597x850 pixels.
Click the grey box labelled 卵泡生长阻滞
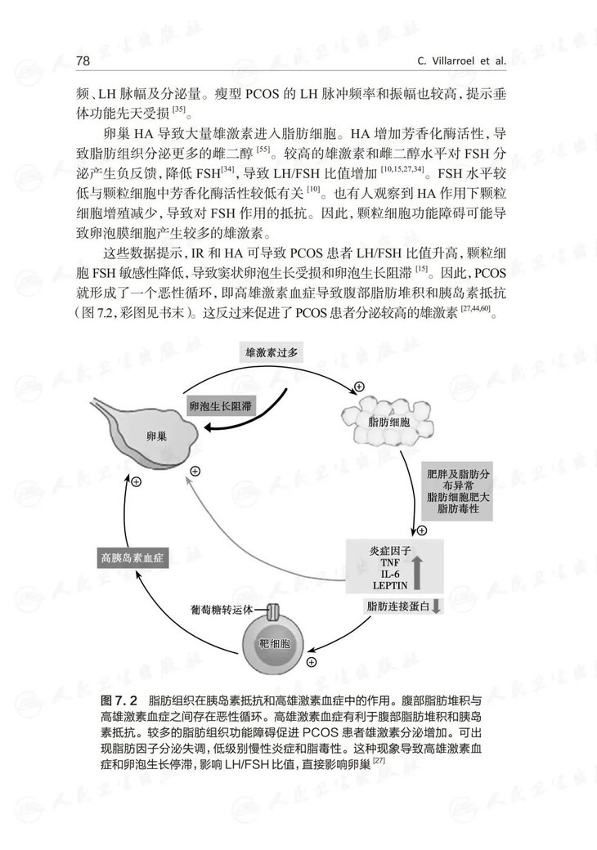tap(219, 405)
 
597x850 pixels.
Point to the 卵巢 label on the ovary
tap(156, 436)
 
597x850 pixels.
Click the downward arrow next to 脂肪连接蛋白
tap(436, 606)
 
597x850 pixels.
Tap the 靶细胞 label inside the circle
tap(273, 644)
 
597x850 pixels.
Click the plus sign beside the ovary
tap(195, 472)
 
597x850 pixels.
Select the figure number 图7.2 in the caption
tap(121, 702)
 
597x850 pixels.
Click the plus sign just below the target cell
tap(311, 661)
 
